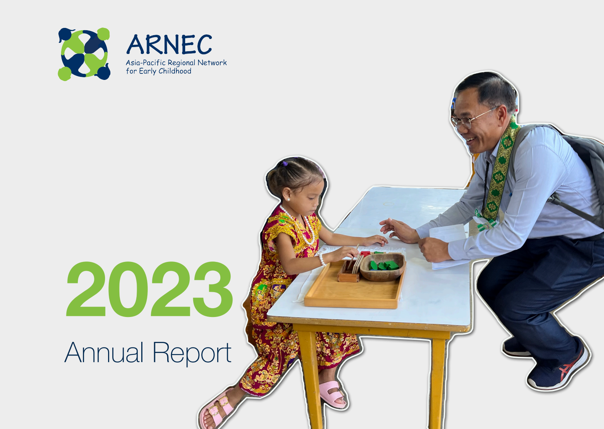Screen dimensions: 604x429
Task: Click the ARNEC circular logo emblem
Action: [x=84, y=54]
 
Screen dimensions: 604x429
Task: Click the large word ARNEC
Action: [x=169, y=45]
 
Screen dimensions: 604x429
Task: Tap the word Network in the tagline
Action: [x=212, y=63]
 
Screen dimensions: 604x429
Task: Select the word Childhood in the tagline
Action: [x=175, y=71]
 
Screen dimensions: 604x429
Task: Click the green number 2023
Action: [x=149, y=289]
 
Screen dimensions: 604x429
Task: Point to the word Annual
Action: [x=103, y=353]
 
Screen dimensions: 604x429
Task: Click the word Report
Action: [x=192, y=354]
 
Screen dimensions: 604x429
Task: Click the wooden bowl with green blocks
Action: [x=383, y=267]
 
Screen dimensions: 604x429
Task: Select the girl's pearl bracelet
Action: [x=322, y=258]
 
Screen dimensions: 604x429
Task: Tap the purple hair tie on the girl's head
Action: [x=285, y=163]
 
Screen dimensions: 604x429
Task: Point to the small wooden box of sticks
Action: [x=349, y=272]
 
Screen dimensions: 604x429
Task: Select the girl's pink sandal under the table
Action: [x=332, y=395]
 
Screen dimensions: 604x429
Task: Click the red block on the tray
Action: [x=365, y=253]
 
